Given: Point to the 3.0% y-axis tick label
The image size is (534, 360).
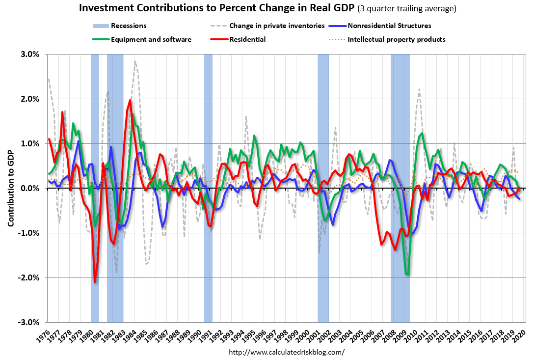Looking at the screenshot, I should click(x=29, y=54).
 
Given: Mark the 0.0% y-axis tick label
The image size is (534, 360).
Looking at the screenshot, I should click(x=29, y=188).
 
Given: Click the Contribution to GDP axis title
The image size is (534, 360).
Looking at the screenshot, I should click(x=11, y=188).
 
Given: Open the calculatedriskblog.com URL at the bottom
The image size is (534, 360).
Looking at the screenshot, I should click(x=287, y=352).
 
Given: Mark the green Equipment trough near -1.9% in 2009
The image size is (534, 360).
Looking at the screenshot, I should click(x=407, y=274).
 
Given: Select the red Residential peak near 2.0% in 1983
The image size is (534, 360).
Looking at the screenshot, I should click(x=130, y=101).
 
